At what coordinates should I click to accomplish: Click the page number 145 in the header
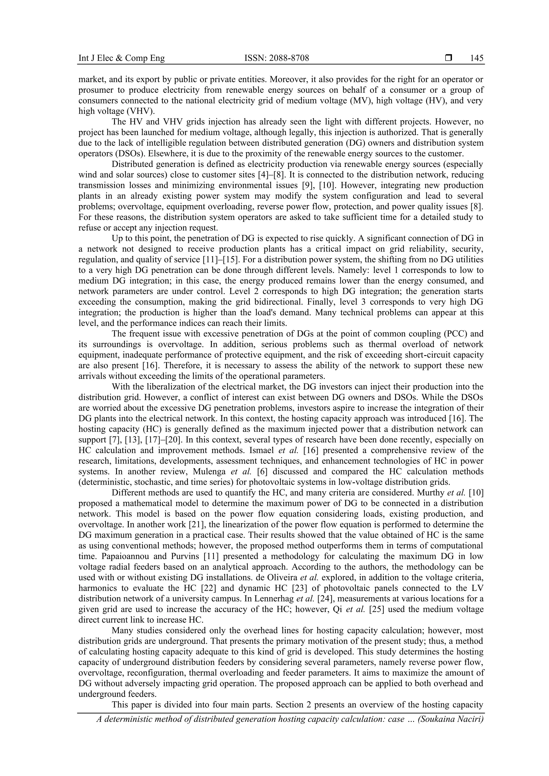click(476, 58)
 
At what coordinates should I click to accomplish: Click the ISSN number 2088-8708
click(276, 58)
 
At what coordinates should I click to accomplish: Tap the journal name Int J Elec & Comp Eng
click(121, 58)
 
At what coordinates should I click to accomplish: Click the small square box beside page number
click(448, 58)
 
